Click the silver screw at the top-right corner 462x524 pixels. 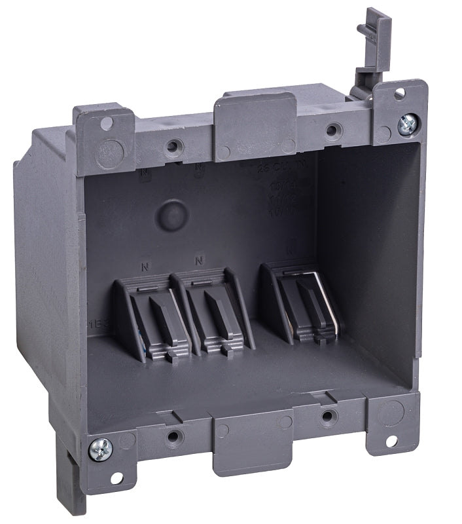(407, 123)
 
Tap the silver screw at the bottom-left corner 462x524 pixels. (101, 448)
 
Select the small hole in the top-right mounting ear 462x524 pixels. (398, 94)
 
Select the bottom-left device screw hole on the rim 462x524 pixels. (173, 436)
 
